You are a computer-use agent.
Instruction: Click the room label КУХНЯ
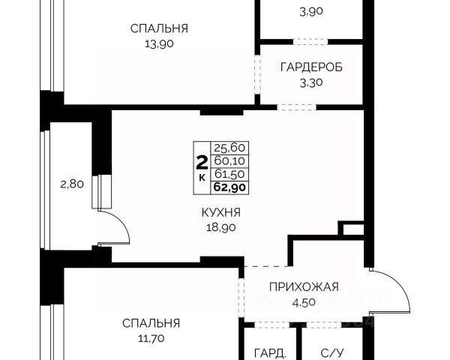coord(221,213)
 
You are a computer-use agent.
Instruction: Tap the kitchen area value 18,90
coord(221,228)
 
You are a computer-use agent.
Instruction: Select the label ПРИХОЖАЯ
coord(304,287)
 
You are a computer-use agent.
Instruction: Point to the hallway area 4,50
coord(304,302)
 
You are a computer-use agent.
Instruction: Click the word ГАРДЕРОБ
coord(311,67)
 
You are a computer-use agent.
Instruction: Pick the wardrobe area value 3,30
coord(311,83)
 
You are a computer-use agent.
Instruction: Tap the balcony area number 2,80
coord(72,184)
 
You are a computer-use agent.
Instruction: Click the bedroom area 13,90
coord(159,44)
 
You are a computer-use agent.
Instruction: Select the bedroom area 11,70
coord(151,339)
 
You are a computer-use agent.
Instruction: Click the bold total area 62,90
coord(229,187)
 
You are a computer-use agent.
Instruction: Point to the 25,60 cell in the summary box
coord(229,148)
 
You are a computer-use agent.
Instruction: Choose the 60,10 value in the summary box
coord(229,161)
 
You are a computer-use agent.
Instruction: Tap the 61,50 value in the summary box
coord(229,174)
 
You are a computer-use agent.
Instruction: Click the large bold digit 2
coord(202,163)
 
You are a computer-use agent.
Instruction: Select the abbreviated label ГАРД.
coord(270,353)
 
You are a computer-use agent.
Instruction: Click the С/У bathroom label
coord(332,353)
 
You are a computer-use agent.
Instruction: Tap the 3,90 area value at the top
coord(311,11)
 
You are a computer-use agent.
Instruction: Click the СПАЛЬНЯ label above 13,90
coord(159,28)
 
